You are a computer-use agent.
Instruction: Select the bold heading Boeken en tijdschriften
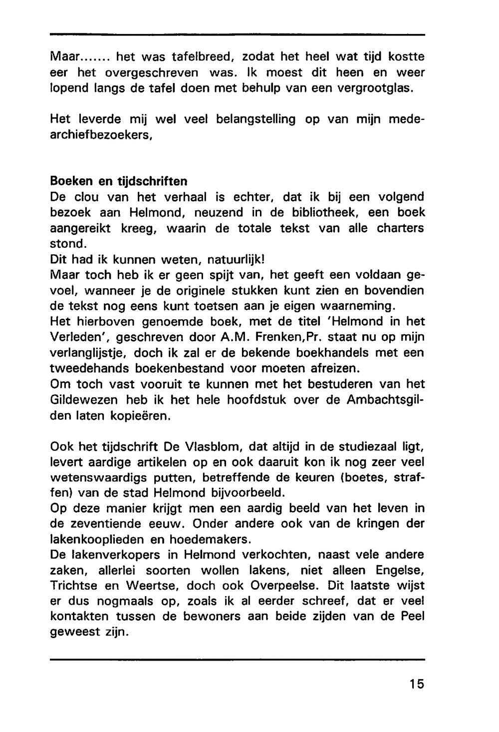[119, 180]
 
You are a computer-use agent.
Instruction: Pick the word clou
[86, 196]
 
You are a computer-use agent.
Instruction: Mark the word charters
[400, 228]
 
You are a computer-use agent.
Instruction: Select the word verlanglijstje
[86, 353]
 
